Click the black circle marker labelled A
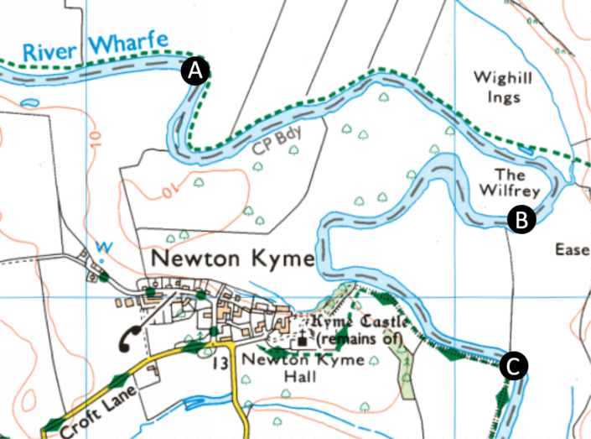(195, 72)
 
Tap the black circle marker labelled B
(521, 220)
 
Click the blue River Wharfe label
(95, 47)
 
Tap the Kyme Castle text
(360, 322)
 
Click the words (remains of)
(360, 339)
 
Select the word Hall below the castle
(299, 378)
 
